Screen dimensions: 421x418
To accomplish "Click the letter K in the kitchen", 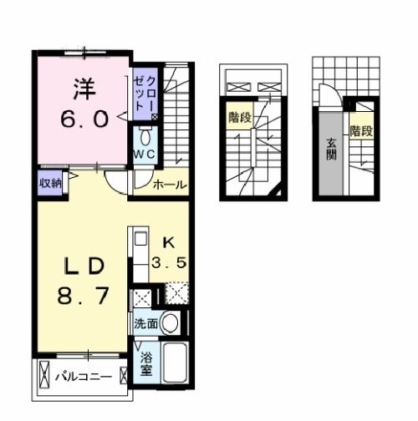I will [166, 243].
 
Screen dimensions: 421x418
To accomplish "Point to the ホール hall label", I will [170, 185].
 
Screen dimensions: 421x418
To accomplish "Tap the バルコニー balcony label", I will [84, 378].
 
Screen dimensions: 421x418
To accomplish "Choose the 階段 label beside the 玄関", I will [361, 131].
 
